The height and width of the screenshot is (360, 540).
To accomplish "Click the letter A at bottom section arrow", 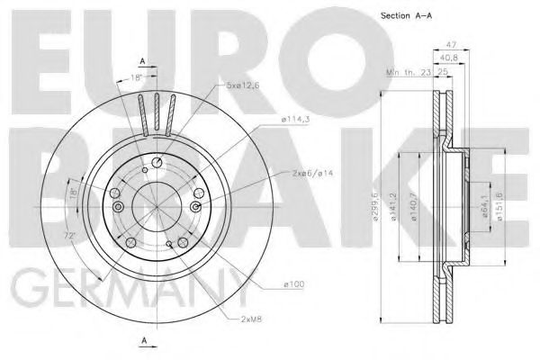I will [x=143, y=340].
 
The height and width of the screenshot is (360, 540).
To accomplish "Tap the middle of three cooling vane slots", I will [x=157, y=112].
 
